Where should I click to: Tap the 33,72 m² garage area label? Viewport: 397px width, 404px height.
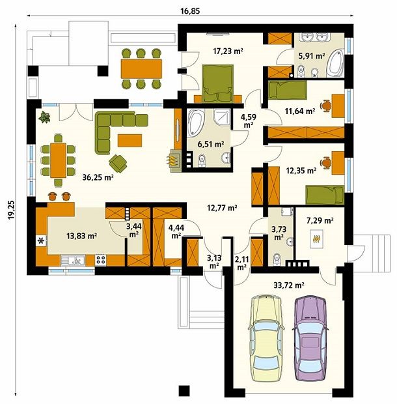[285, 284]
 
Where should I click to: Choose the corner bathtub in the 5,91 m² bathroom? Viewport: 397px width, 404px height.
[337, 63]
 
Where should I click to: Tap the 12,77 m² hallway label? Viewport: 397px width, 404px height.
[221, 209]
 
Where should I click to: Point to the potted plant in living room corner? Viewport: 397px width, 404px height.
[45, 117]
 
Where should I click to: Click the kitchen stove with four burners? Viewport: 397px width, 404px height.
[101, 259]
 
